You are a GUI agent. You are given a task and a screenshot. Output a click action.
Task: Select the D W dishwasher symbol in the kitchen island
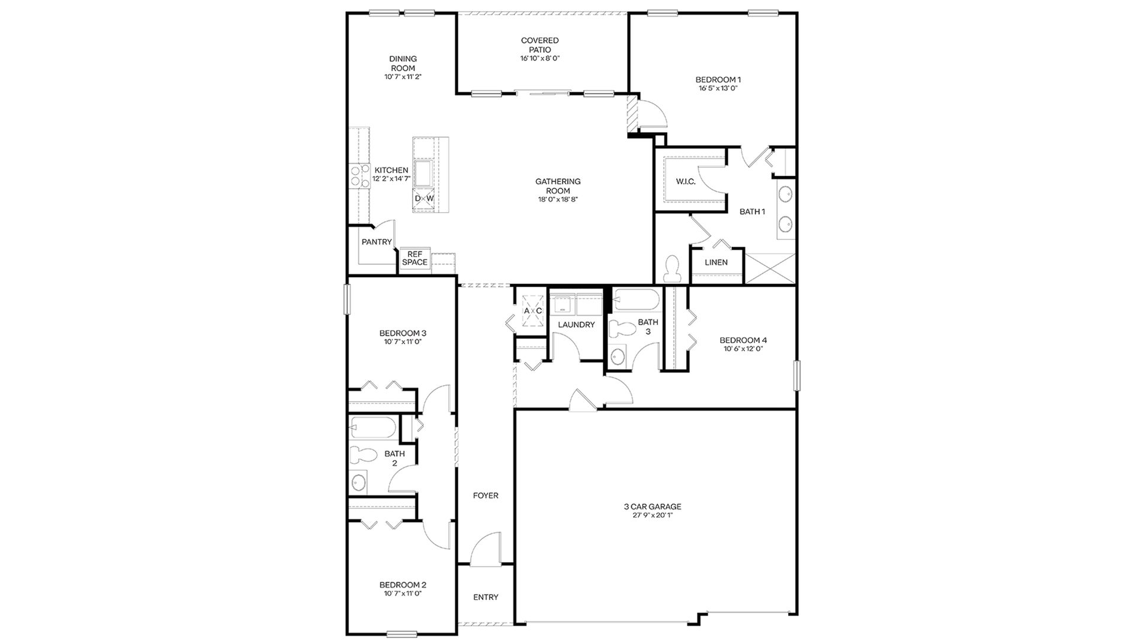[x=425, y=199]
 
